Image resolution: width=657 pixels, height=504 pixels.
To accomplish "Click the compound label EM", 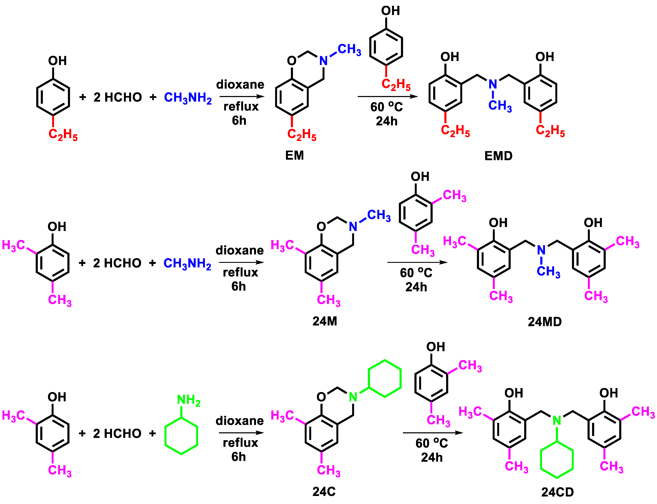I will (x=294, y=155).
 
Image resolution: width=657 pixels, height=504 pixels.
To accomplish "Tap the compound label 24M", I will (x=325, y=321).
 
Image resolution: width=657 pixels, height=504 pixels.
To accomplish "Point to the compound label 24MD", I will (x=545, y=322).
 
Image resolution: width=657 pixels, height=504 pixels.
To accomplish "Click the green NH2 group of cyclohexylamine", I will (x=188, y=400).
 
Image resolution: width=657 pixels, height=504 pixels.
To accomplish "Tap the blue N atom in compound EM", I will (x=323, y=61).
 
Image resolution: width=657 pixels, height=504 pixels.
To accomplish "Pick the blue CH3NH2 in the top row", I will (x=188, y=98).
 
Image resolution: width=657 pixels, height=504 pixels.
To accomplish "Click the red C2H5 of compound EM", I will (x=302, y=135).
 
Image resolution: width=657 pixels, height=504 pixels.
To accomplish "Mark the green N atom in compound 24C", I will (x=353, y=397).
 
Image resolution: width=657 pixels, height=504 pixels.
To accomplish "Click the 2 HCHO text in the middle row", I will (x=117, y=263).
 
